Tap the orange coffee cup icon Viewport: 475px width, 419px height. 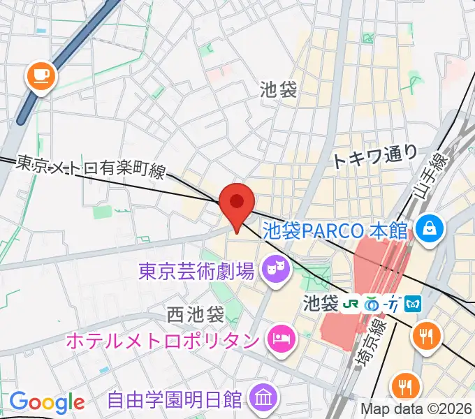point(41,75)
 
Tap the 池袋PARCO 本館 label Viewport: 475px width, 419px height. point(338,228)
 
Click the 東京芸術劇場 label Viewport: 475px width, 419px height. point(196,269)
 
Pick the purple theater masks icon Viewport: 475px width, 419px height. point(275,269)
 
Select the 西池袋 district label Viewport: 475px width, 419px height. point(196,314)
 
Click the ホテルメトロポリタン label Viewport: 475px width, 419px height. point(163,341)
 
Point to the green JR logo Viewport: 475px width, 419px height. point(350,304)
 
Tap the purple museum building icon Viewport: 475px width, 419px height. point(263,400)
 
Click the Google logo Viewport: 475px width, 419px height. point(47,402)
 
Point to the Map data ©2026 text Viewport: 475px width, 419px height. point(416,409)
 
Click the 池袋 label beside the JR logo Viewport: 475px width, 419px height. point(321,304)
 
